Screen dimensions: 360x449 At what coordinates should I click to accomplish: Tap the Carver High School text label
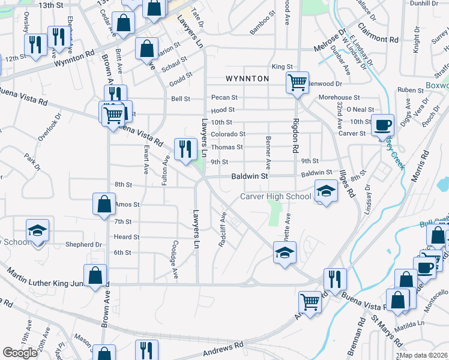pos(276,196)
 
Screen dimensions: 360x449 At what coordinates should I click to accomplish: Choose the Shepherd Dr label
pos(84,245)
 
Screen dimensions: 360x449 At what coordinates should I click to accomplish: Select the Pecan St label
pos(224,97)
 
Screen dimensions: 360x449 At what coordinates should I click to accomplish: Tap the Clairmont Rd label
pos(378,32)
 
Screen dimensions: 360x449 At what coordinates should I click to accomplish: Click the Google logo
pos(20,353)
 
